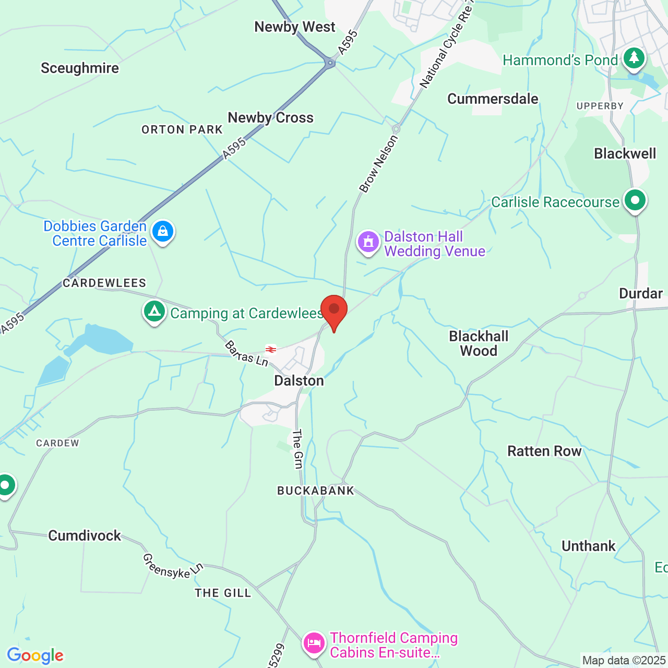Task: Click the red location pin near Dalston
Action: [334, 311]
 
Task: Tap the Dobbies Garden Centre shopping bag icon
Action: [163, 231]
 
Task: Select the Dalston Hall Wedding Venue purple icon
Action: [368, 242]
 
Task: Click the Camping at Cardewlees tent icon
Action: [154, 312]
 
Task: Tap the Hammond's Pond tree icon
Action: [634, 58]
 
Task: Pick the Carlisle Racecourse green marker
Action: [635, 200]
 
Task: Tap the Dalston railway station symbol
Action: [270, 350]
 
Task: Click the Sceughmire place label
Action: [80, 68]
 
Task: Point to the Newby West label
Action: [295, 27]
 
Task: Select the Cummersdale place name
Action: [493, 99]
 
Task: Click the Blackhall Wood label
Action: [479, 343]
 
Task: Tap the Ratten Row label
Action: [544, 451]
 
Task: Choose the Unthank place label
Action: [589, 546]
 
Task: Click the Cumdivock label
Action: [85, 536]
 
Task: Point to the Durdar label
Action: [641, 293]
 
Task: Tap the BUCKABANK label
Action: [316, 491]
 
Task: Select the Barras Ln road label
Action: [246, 353]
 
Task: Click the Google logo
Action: [35, 655]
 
